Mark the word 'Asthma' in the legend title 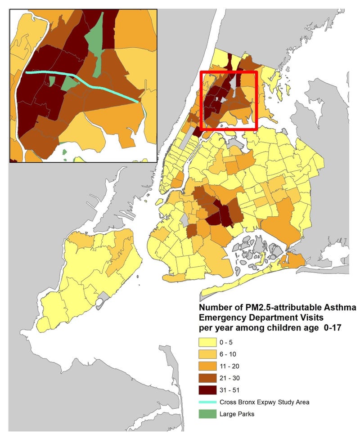tap(341, 308)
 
